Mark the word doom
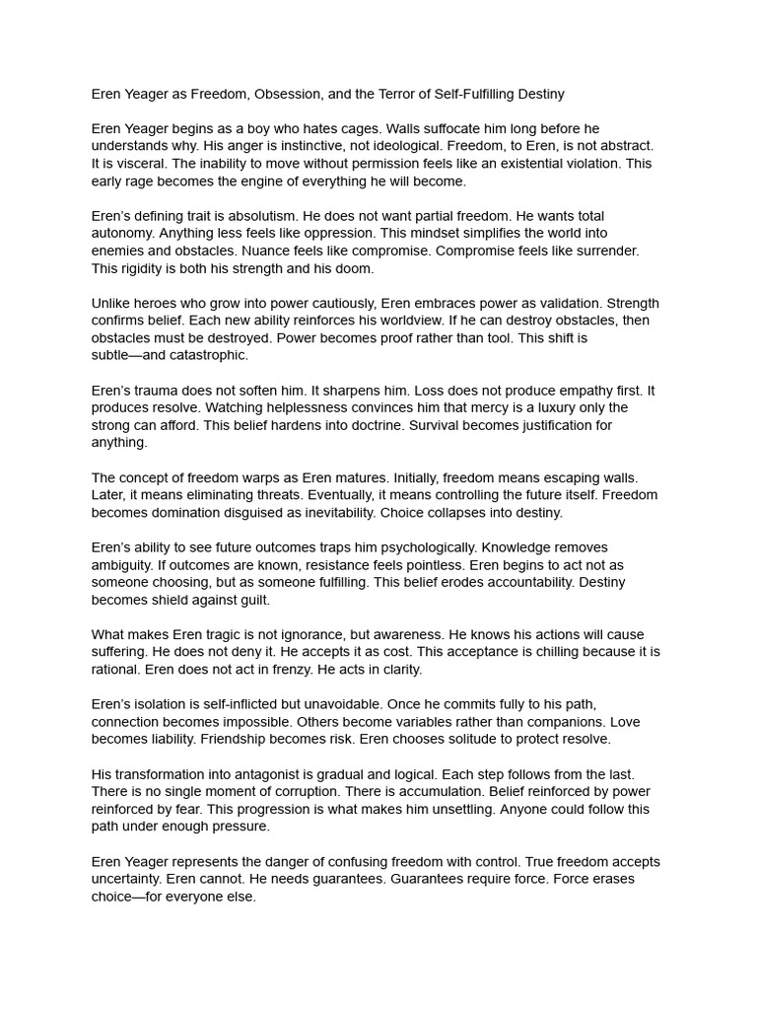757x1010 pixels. (x=353, y=268)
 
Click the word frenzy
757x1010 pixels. (x=309, y=670)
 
